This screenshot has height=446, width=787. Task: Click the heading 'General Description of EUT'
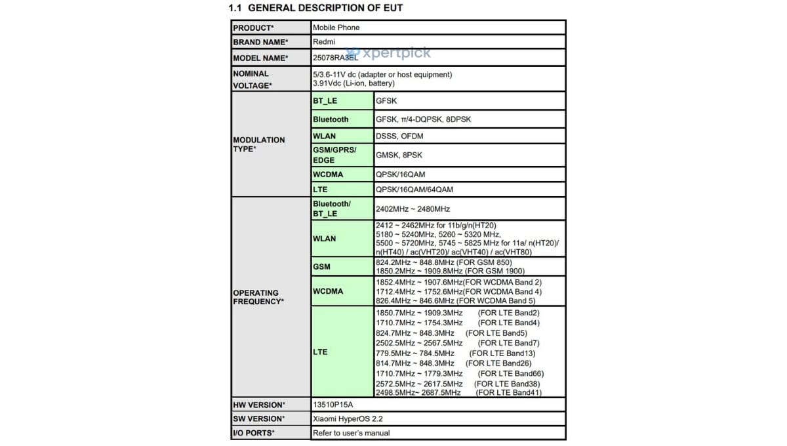click(315, 8)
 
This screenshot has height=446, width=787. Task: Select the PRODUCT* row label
click(253, 28)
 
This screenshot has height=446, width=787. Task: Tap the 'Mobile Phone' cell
click(336, 28)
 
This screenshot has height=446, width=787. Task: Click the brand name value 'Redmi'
click(323, 42)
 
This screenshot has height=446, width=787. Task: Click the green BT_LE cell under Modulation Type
click(325, 101)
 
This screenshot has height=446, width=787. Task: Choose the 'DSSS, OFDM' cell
click(399, 136)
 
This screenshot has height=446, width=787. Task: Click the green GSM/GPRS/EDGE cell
click(334, 155)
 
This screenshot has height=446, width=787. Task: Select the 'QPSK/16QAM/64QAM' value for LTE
click(413, 190)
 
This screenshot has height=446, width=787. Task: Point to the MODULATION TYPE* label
click(259, 144)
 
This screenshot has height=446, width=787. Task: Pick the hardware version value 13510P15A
click(333, 405)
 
